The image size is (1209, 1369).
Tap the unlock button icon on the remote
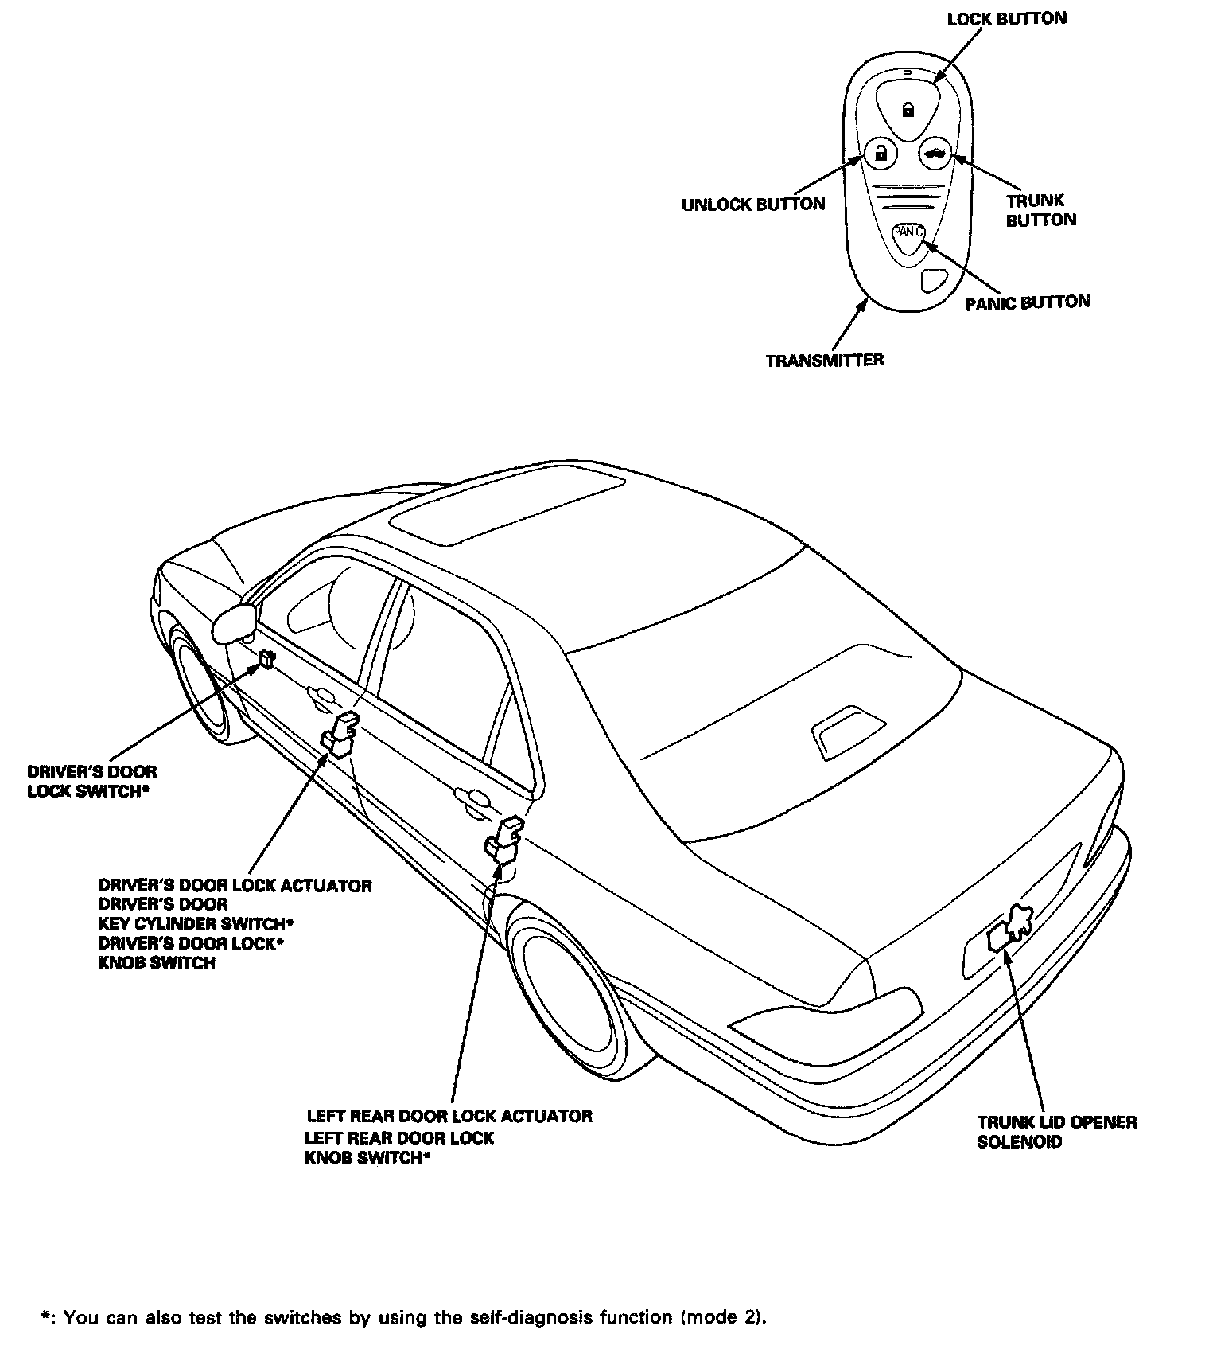point(880,153)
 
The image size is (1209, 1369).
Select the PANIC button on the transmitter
point(908,233)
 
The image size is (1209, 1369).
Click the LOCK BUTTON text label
point(1006,18)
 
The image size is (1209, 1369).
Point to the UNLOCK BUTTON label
point(753,205)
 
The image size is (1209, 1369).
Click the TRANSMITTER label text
point(824,361)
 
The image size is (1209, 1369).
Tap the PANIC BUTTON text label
point(1027,302)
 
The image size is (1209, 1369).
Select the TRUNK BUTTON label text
point(1040,210)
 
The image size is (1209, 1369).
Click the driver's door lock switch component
point(266,659)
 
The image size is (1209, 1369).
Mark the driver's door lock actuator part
point(340,734)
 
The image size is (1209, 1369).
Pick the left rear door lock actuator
point(504,841)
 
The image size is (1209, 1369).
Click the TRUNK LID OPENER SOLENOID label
point(1056,1132)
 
